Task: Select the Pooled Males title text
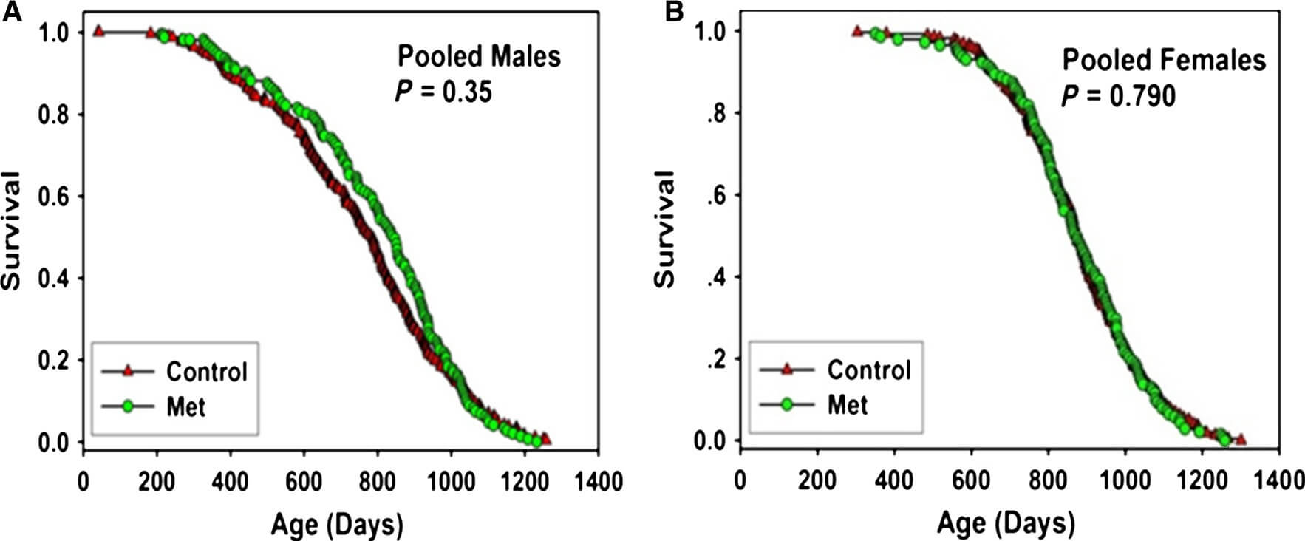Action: (479, 56)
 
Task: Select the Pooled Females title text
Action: (1164, 60)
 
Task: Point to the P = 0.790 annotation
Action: (1118, 96)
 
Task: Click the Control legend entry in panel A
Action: (206, 371)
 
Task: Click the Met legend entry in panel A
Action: (185, 406)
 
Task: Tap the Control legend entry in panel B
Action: (868, 370)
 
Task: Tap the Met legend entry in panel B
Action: (847, 405)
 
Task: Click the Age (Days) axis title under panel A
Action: (337, 524)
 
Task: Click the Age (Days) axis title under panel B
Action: (1006, 524)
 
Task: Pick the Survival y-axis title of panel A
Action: (12, 231)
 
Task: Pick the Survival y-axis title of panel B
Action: (665, 229)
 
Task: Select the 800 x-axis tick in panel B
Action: (1048, 480)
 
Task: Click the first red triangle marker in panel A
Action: (98, 31)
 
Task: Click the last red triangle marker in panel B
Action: (1241, 440)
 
